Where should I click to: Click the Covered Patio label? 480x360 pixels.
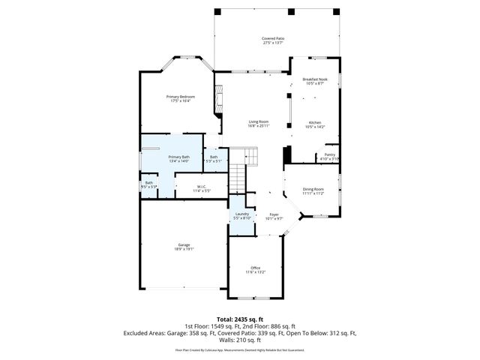273,38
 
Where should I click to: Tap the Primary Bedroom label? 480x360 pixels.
178,97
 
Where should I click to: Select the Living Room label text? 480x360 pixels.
259,122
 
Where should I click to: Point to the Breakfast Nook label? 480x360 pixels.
315,79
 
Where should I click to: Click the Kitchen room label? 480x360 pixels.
315,122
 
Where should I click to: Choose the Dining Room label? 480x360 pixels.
313,189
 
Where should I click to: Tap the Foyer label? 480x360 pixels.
274,214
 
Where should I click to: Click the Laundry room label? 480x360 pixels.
241,214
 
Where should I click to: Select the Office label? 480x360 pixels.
255,268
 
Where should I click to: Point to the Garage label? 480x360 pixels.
184,245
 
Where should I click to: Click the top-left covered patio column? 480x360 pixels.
217,11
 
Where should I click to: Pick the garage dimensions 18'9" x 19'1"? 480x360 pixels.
184,249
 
